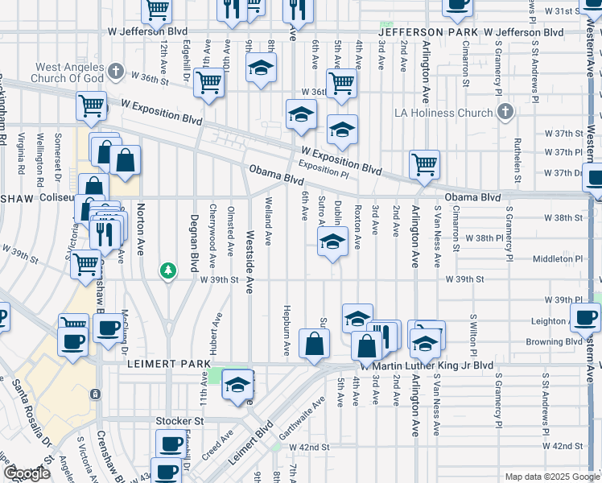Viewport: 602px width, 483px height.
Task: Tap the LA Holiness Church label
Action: [x=443, y=113]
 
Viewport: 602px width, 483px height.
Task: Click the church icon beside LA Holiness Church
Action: [x=505, y=113]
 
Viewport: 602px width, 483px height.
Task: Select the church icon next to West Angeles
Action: [x=116, y=72]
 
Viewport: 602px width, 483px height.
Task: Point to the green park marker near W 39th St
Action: [x=167, y=270]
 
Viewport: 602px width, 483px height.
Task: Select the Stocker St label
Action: [x=179, y=420]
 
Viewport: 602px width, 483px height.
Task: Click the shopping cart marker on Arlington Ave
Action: [x=424, y=165]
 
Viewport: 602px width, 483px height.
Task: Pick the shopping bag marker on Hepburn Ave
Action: [x=314, y=344]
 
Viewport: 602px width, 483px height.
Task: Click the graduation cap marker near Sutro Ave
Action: [x=332, y=242]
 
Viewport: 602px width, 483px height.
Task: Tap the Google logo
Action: [x=27, y=473]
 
